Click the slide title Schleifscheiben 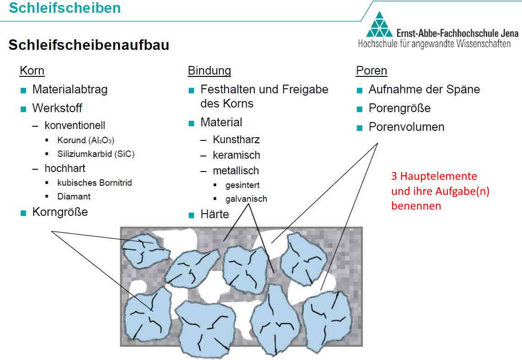(65, 8)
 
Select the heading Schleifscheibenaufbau (89, 45)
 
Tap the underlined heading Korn (32, 70)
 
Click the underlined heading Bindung (210, 70)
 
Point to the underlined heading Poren (371, 70)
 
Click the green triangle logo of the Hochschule (379, 25)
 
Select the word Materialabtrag (70, 90)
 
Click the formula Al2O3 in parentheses (102, 140)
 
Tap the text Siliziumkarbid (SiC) (96, 154)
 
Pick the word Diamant (74, 196)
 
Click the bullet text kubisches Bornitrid (95, 183)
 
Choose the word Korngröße (60, 212)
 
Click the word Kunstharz (236, 140)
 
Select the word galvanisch (246, 199)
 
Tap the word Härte (215, 214)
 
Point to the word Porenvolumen (406, 127)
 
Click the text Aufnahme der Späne (424, 90)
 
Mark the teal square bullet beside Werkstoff (23, 109)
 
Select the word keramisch (237, 155)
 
